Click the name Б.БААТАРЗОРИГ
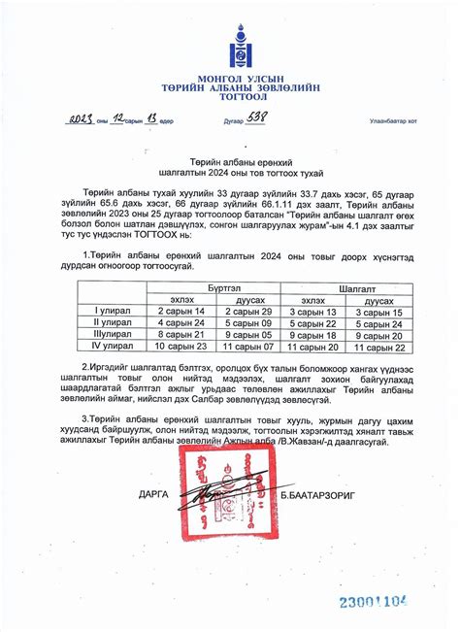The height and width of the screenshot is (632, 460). click(x=344, y=495)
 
